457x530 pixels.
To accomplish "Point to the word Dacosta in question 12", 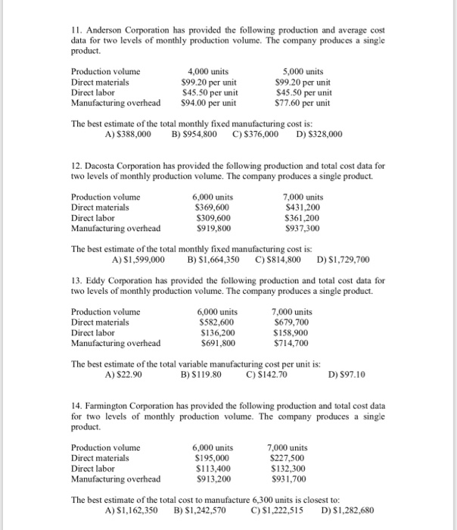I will pos(105,164).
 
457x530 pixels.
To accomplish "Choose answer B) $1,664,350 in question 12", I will pos(213,258).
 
